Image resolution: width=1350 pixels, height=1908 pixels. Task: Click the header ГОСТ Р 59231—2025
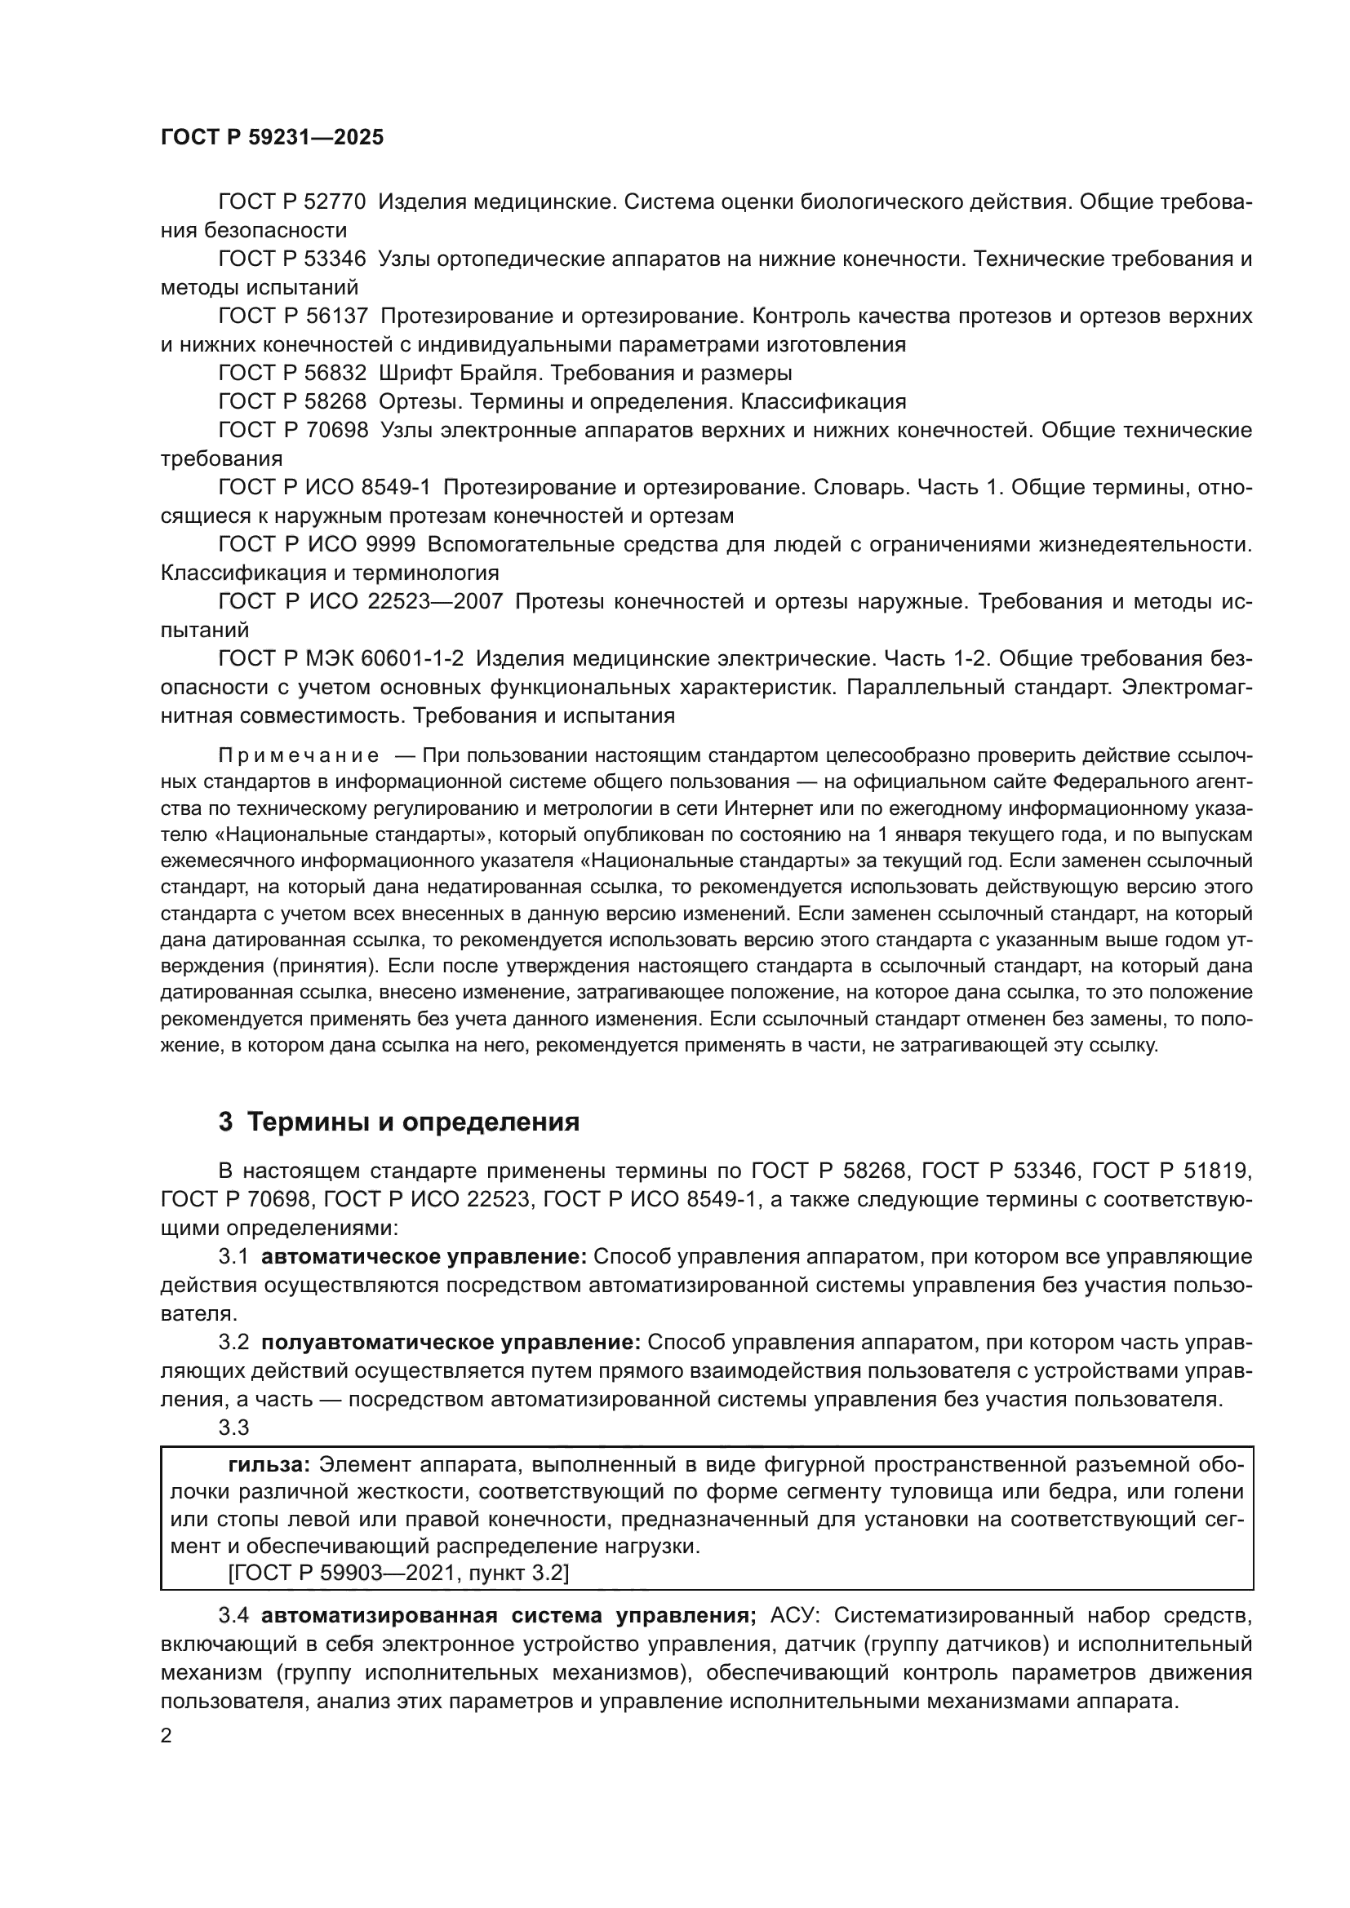pyautogui.click(x=272, y=138)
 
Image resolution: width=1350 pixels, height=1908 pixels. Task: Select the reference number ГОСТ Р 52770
pyautogui.click(x=291, y=202)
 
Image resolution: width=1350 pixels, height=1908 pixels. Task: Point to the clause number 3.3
pyautogui.click(x=233, y=1428)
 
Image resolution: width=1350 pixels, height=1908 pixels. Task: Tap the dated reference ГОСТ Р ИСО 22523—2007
pyautogui.click(x=360, y=601)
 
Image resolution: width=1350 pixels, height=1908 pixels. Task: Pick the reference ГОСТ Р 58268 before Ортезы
pyautogui.click(x=291, y=401)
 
